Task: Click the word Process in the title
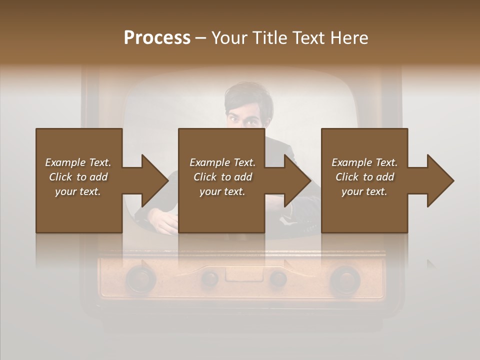pyautogui.click(x=157, y=38)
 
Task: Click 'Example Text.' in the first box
pyautogui.click(x=78, y=162)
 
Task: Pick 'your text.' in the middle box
pyautogui.click(x=222, y=191)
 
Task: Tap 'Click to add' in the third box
pyautogui.click(x=364, y=177)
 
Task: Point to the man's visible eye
pyautogui.click(x=234, y=118)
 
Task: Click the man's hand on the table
pyautogui.click(x=162, y=220)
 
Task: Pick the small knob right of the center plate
pyautogui.click(x=278, y=277)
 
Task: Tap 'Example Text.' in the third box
pyautogui.click(x=364, y=162)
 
